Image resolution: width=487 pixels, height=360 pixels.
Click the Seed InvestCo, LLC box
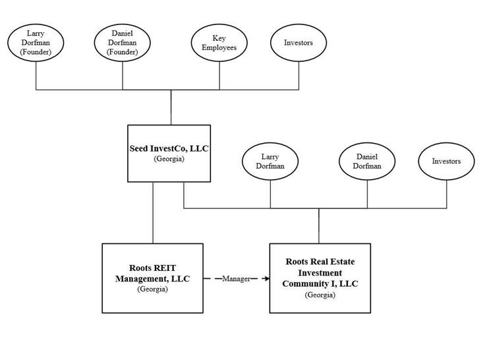coord(169,153)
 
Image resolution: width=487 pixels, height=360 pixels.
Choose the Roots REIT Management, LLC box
coord(152,278)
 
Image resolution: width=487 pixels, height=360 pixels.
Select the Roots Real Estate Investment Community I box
coord(320,278)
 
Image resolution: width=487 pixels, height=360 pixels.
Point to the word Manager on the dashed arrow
coord(236,279)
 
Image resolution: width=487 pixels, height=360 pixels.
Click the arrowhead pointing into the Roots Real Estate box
coord(266,279)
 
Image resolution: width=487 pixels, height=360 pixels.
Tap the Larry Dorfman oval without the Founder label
coord(271,162)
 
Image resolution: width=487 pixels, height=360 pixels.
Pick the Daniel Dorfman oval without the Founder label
coord(366,162)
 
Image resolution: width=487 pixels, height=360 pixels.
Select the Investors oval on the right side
coord(446,162)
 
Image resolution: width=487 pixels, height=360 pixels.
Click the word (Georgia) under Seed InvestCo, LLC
coord(169,160)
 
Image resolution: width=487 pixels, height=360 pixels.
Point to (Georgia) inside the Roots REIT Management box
coord(152,289)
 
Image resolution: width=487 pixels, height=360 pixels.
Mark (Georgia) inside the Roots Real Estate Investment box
coord(320,295)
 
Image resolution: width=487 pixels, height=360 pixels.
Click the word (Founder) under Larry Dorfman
coord(36,52)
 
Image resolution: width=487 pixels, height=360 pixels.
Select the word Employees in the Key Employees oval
coord(219,48)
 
